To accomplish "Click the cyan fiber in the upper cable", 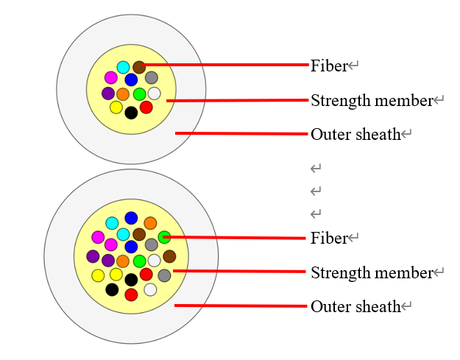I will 123,67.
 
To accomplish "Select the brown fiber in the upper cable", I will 139,67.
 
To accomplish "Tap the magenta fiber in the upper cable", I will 111,77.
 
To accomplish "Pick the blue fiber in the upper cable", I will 131,80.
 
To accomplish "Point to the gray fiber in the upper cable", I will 151,77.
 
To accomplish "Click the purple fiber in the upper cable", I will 108,93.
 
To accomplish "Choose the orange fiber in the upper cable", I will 123,94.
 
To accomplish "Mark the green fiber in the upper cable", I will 139,94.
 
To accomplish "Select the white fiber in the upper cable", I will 154,93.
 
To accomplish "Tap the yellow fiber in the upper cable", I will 116,107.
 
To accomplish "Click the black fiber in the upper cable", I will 131,113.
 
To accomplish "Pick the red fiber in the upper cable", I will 146,107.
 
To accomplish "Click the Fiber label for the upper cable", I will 328,66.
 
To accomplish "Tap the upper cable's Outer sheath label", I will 355,134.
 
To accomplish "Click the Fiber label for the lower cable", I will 328,238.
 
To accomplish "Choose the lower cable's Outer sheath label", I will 355,306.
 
